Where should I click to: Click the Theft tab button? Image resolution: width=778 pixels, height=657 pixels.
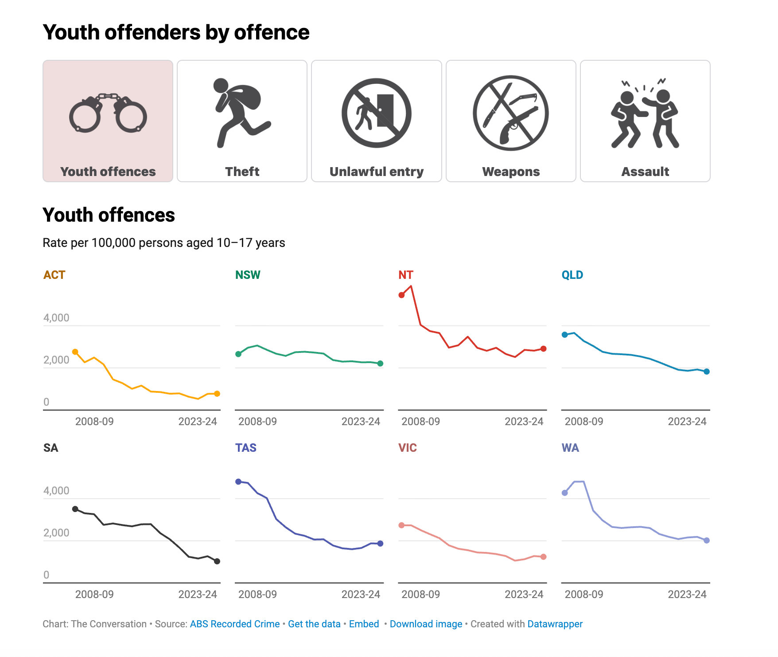[242, 121]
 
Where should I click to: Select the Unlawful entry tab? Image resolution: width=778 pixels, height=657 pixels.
[376, 121]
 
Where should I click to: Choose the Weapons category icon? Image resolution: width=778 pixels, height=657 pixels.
[510, 113]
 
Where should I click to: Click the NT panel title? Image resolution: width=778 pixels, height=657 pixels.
[405, 275]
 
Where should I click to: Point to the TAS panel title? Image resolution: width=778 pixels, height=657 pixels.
[245, 448]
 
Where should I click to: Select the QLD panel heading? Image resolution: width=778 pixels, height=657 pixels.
[572, 275]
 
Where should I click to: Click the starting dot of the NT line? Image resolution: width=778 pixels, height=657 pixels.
[401, 295]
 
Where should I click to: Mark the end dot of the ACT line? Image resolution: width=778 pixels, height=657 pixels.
[217, 394]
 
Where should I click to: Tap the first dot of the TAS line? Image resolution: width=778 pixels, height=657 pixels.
[238, 481]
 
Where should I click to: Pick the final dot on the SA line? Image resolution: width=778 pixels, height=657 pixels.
[217, 561]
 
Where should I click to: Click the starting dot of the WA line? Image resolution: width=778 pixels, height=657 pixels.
[565, 493]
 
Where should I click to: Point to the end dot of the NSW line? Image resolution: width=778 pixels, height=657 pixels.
[380, 364]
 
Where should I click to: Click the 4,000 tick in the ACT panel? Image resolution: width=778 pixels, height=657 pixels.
[56, 318]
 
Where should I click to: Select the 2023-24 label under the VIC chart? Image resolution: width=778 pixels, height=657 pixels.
[524, 594]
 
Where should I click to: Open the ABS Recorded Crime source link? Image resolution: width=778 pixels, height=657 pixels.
[235, 624]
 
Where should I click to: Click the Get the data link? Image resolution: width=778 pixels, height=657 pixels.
[314, 624]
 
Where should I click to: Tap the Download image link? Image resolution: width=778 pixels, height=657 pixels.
[426, 624]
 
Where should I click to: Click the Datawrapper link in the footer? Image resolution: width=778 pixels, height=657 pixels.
[555, 624]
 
